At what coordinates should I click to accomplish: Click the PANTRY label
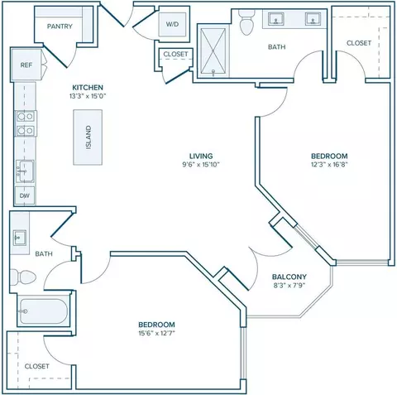60,26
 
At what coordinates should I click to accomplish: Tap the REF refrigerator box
26,65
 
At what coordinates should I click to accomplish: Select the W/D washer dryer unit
172,24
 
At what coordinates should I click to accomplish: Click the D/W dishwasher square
25,195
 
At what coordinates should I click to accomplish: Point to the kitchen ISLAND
88,137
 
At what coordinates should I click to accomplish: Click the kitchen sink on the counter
25,171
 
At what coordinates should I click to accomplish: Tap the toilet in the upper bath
246,22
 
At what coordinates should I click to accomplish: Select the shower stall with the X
213,51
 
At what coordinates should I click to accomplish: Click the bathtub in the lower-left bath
44,311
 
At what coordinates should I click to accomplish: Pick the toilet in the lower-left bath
22,277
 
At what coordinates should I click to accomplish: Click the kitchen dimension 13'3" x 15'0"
88,96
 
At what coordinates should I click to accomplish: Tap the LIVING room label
201,156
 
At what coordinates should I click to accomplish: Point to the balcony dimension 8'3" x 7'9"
289,285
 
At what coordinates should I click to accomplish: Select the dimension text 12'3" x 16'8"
329,165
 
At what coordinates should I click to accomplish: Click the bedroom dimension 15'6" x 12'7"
156,333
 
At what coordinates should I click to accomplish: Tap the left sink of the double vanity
275,19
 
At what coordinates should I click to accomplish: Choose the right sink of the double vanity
313,19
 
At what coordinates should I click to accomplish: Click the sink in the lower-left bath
20,238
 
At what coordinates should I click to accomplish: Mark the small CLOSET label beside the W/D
175,54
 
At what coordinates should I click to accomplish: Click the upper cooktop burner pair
26,117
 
